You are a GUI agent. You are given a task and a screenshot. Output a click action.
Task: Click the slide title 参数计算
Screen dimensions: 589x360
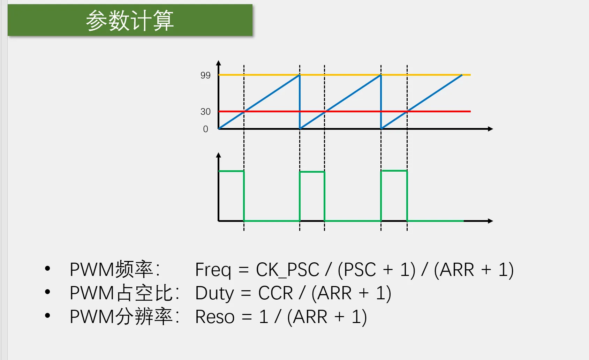130,21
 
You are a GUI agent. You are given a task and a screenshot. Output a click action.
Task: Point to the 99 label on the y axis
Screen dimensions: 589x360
205,75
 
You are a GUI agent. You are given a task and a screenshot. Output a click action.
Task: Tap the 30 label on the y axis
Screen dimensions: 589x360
205,112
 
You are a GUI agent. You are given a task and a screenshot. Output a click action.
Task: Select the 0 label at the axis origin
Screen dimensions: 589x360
206,129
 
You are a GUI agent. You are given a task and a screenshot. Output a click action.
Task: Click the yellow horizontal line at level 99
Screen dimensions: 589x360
345,75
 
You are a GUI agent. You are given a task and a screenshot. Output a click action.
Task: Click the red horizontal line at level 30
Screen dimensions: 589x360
345,112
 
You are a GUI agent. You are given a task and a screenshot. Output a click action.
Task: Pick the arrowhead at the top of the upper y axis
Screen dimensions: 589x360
218,63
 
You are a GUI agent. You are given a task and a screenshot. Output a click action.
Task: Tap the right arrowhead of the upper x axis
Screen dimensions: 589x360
490,129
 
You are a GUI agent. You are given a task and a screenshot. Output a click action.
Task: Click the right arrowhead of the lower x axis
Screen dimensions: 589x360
490,221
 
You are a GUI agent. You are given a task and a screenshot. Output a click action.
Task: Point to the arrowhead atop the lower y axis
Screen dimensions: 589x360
218,155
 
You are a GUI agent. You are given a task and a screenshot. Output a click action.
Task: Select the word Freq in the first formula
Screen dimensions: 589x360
213,270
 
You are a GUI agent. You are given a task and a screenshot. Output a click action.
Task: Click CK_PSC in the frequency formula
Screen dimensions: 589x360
288,270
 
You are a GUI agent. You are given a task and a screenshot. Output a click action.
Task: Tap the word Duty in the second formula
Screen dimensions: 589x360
214,293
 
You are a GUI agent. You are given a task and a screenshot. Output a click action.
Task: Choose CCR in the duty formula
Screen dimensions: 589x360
275,293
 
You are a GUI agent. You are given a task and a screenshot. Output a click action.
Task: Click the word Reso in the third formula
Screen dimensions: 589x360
215,317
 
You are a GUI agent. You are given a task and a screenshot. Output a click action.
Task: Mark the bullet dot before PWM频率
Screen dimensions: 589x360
47,268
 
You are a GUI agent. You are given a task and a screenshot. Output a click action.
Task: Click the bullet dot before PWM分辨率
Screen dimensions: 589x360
47,315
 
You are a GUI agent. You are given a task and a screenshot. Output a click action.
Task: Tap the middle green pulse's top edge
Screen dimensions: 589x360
312,172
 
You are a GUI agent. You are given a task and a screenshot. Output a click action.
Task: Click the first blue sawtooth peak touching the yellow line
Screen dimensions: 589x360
299,75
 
